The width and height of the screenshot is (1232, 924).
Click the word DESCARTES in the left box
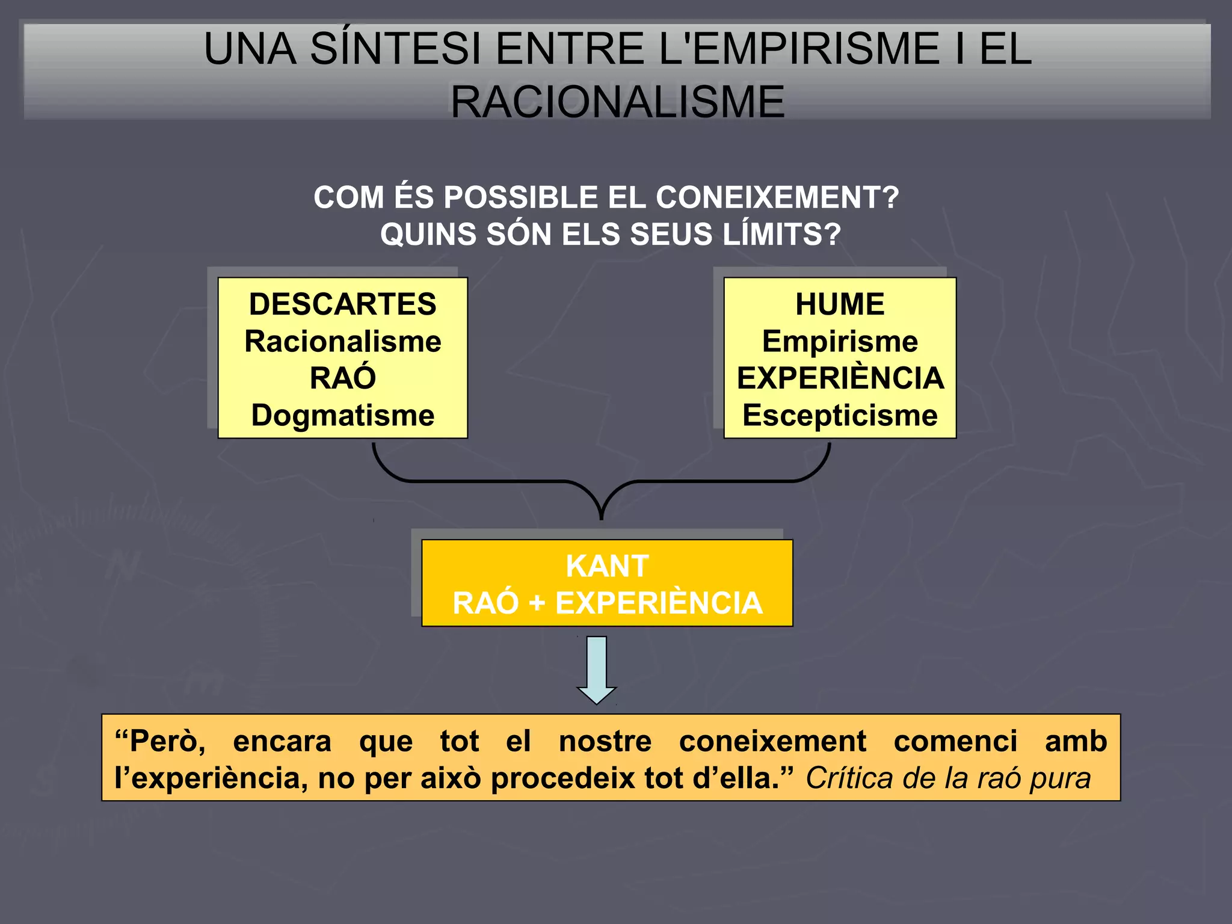[342, 304]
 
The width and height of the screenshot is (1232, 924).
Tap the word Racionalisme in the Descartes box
[342, 342]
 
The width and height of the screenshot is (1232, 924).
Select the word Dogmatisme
[342, 416]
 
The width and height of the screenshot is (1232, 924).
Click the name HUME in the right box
[840, 304]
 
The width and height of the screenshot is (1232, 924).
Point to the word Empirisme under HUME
[840, 342]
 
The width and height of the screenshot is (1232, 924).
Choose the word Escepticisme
[840, 416]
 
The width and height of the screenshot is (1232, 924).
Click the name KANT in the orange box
[607, 566]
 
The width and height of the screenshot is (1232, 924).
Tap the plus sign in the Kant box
[537, 603]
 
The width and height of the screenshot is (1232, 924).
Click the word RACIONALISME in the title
[617, 102]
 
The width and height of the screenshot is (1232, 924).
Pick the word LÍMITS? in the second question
[781, 235]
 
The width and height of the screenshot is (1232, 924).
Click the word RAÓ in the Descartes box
[342, 378]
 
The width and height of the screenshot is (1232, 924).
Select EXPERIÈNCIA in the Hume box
[840, 378]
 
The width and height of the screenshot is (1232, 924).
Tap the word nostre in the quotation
[605, 741]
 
